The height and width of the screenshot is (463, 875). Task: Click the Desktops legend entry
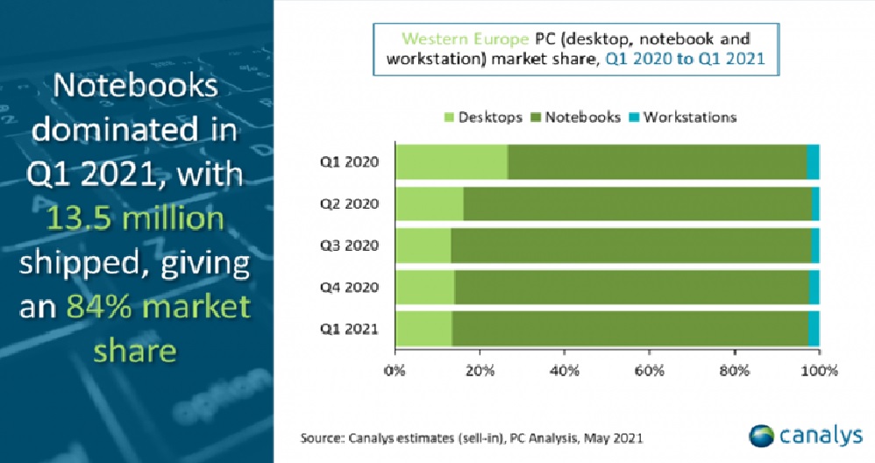pos(483,118)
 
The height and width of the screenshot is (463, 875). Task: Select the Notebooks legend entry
pos(575,118)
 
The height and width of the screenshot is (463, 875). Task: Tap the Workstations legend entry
pos(682,118)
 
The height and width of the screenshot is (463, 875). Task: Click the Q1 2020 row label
pos(349,162)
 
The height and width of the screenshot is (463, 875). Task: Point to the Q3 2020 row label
pos(349,246)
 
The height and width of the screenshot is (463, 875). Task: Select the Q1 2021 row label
pos(349,329)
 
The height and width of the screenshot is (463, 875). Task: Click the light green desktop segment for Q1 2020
pos(452,161)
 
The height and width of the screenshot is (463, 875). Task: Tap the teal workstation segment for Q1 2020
pos(813,161)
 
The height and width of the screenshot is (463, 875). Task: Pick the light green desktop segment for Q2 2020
pos(430,203)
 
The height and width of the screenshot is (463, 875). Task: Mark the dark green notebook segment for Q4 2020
pos(631,288)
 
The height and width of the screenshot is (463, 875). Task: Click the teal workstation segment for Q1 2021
pos(814,329)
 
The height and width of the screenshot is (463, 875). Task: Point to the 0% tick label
pos(395,371)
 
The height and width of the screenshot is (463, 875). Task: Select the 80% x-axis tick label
pos(735,371)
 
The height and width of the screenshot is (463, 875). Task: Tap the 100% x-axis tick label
pos(820,371)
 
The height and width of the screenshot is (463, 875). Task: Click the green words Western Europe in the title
pos(465,39)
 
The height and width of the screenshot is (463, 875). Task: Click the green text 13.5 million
pos(135,217)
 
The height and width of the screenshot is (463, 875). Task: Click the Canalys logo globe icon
pos(762,436)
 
